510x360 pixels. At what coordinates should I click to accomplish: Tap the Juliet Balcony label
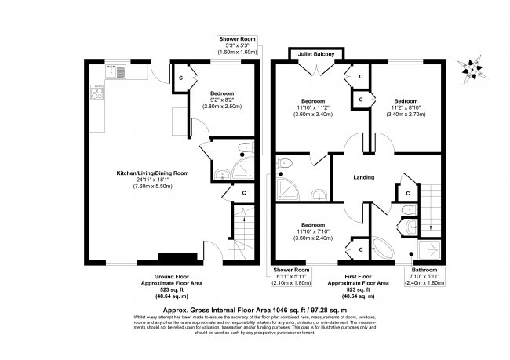point(315,54)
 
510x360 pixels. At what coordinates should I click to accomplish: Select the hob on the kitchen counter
point(98,93)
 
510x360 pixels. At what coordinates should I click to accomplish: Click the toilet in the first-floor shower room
point(286,164)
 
